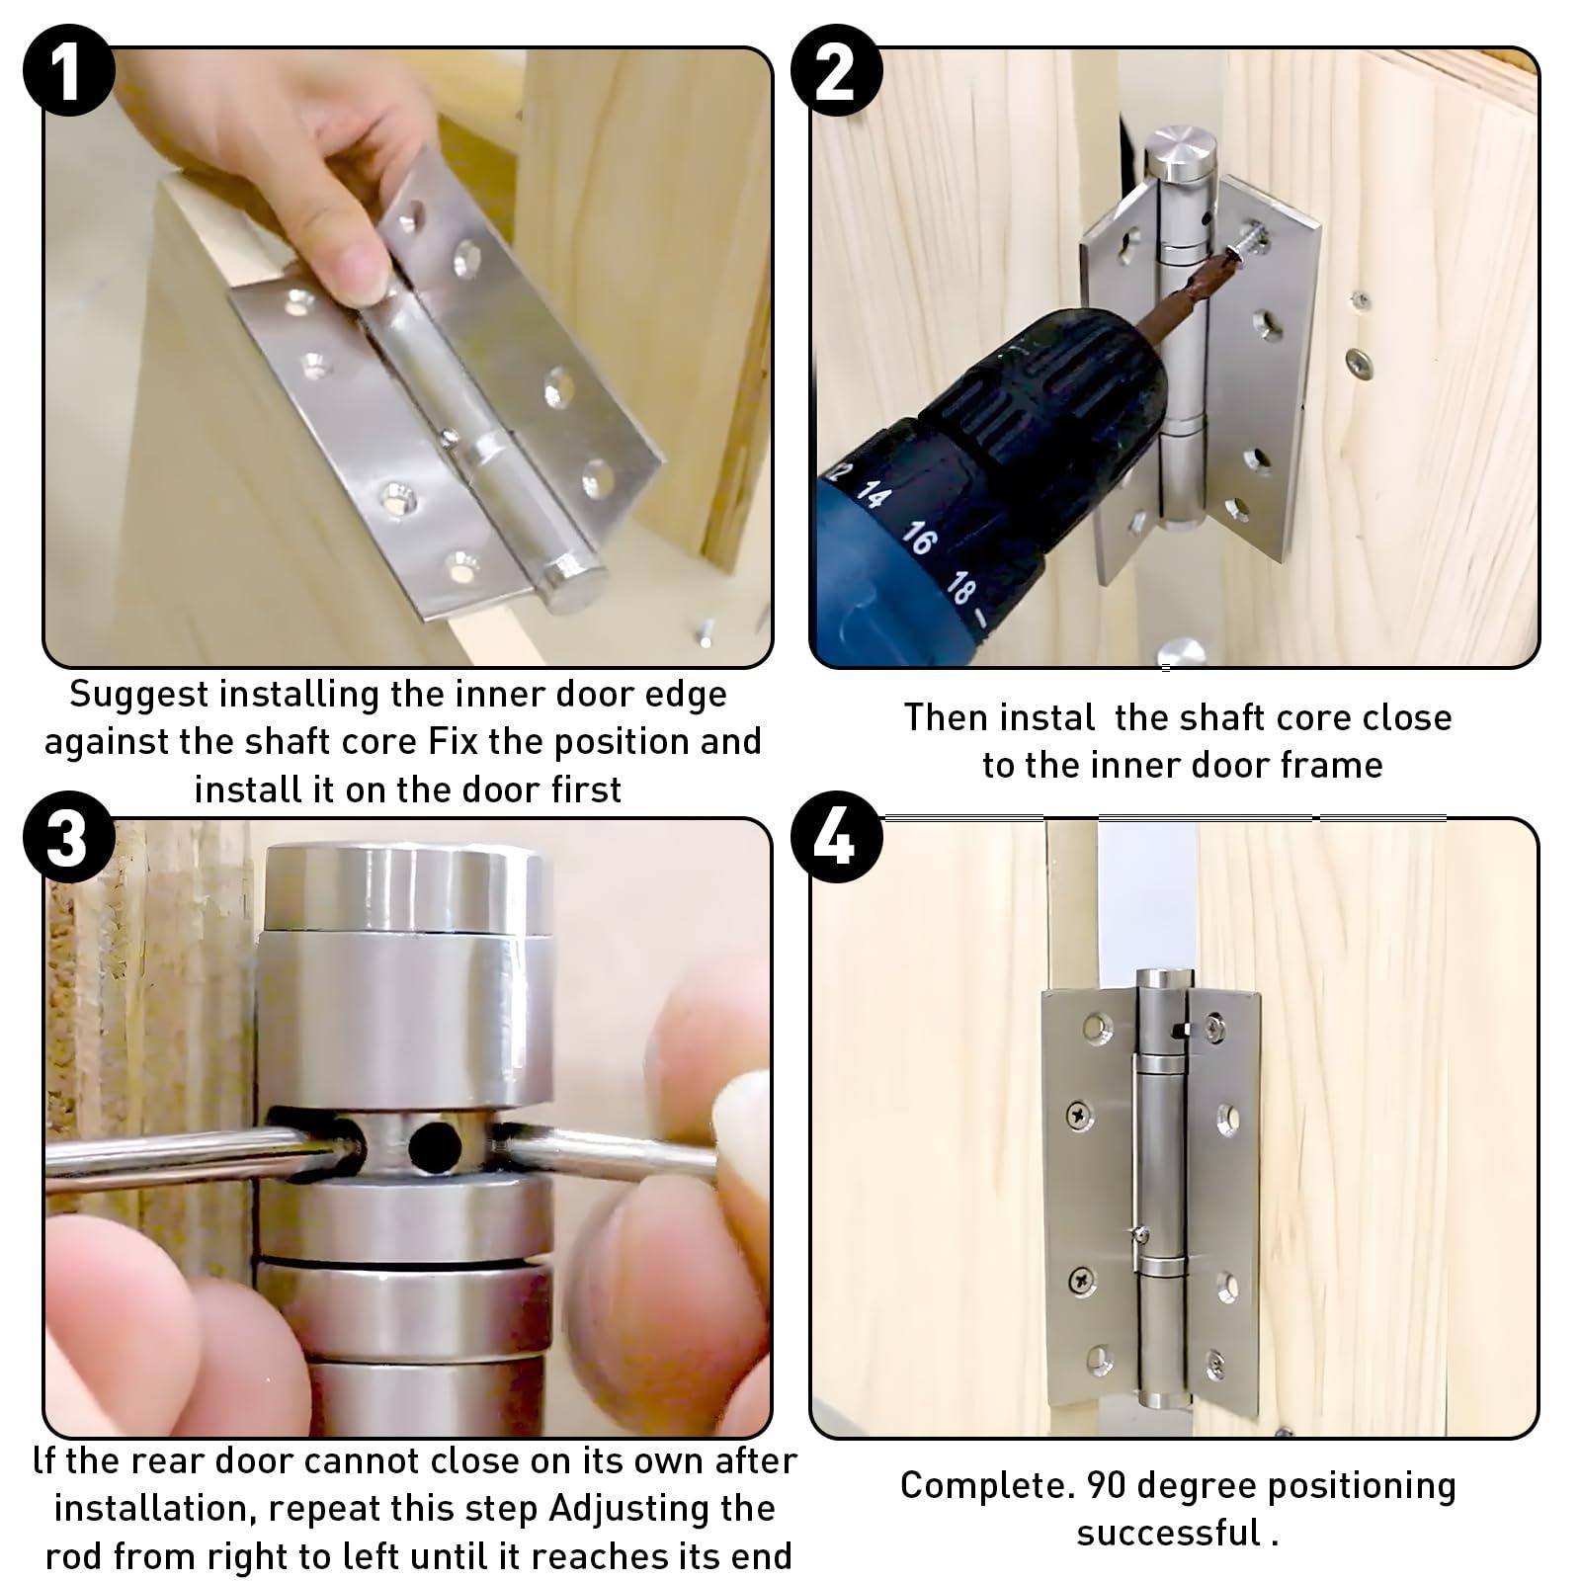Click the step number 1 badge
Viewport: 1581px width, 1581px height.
pos(66,70)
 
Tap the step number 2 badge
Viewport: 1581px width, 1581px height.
pos(836,70)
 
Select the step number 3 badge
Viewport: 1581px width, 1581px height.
pos(66,838)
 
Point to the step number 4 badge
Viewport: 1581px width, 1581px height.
pos(836,838)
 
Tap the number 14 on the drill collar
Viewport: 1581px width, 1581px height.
pos(874,494)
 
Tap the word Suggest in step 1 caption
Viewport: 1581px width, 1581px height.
pos(138,696)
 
